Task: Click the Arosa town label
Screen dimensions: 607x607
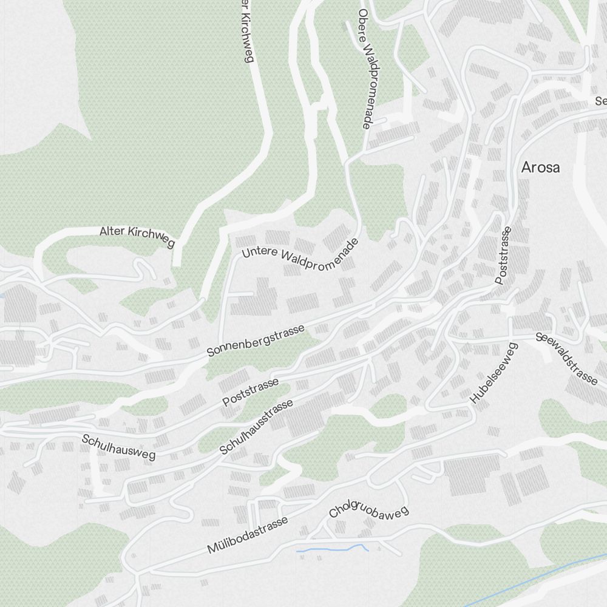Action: coord(540,168)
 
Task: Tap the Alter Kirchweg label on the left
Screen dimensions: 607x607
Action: coord(137,236)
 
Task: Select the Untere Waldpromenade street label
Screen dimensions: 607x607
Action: coord(300,256)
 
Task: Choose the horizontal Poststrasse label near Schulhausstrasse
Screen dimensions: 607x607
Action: coord(250,392)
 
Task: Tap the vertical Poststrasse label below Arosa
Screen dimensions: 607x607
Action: coord(504,256)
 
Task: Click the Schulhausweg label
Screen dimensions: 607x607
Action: coord(118,447)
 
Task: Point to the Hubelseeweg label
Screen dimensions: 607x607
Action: coord(493,374)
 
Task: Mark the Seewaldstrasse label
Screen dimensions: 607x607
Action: coord(567,359)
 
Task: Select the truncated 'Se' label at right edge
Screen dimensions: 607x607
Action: coord(600,101)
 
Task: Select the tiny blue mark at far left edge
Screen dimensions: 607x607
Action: coord(2,296)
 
